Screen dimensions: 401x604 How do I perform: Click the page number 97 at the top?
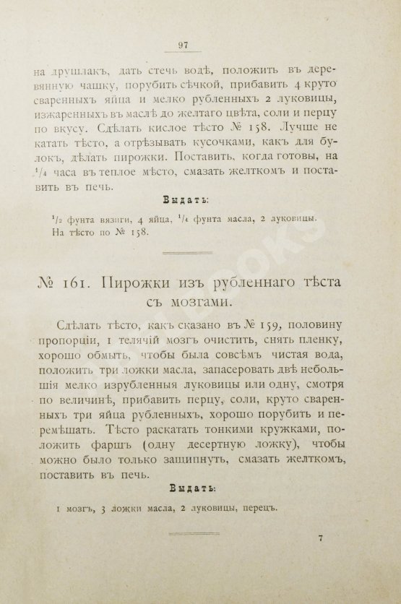point(183,48)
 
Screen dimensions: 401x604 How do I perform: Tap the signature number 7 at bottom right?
point(320,539)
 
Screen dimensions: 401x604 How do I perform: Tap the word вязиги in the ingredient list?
point(111,219)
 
